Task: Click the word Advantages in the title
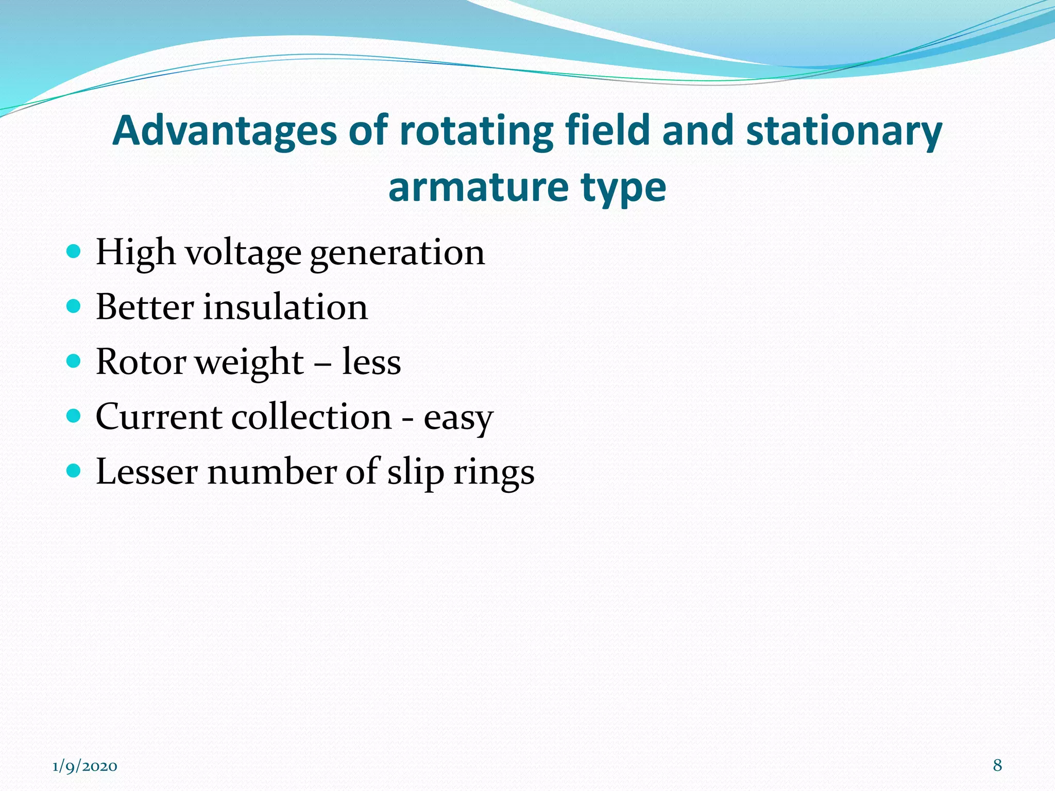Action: click(x=224, y=131)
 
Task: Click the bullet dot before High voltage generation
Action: click(x=74, y=252)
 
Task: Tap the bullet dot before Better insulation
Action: click(x=74, y=306)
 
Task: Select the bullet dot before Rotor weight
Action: click(x=74, y=361)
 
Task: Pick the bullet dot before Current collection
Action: click(x=74, y=416)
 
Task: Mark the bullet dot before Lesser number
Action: click(x=74, y=471)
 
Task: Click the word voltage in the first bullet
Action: click(x=243, y=253)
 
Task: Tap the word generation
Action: click(x=397, y=253)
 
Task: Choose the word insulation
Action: click(x=285, y=307)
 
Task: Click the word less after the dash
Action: click(x=371, y=362)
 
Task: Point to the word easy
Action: click(x=458, y=418)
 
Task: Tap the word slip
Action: click(x=415, y=473)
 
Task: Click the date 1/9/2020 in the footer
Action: click(x=85, y=767)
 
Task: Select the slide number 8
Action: click(x=997, y=766)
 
